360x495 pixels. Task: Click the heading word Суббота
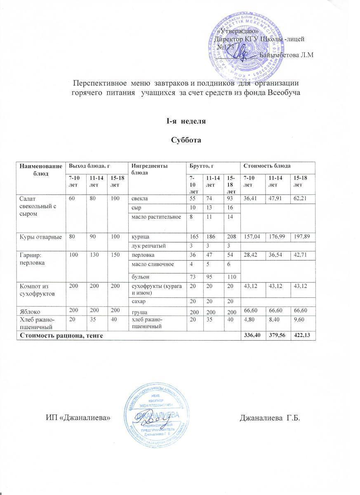coord(186,140)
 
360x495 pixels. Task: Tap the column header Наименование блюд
coord(40,169)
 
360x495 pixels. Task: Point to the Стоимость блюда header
coord(267,166)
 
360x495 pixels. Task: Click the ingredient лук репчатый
coord(148,246)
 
